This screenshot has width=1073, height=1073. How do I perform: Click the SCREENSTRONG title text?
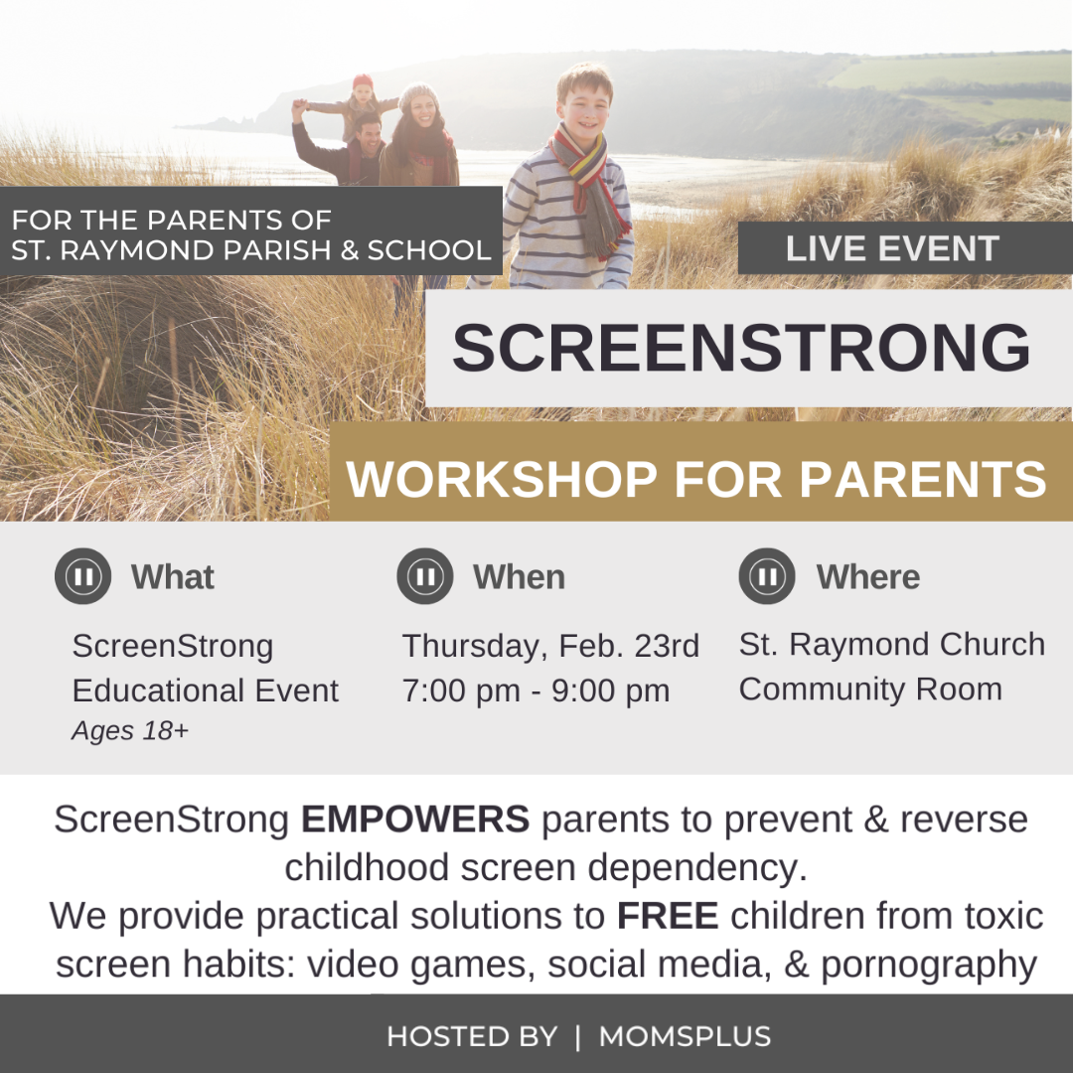[x=741, y=348]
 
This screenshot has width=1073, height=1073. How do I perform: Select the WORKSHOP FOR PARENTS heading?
[x=696, y=478]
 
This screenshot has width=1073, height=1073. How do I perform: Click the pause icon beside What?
[x=82, y=576]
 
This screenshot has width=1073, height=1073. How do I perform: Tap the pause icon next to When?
[x=425, y=576]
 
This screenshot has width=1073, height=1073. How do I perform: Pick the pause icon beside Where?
[x=767, y=576]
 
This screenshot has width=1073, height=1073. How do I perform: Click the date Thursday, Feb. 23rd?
[x=550, y=647]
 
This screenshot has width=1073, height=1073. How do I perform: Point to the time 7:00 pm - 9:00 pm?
[x=536, y=690]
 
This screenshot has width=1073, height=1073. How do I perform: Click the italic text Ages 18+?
[x=130, y=731]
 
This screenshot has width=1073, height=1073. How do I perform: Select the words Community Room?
[x=870, y=690]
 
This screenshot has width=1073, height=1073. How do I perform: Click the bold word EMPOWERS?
[x=415, y=819]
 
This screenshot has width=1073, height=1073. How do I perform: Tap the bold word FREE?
[x=668, y=916]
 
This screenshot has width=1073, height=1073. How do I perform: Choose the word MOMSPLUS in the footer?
[x=685, y=1036]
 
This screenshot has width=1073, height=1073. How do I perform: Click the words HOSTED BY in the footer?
[x=472, y=1036]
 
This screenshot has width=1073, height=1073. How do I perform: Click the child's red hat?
[x=363, y=80]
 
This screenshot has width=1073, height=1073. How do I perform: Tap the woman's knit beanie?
[x=418, y=95]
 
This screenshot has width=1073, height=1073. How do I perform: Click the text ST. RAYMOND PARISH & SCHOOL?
[x=251, y=250]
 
